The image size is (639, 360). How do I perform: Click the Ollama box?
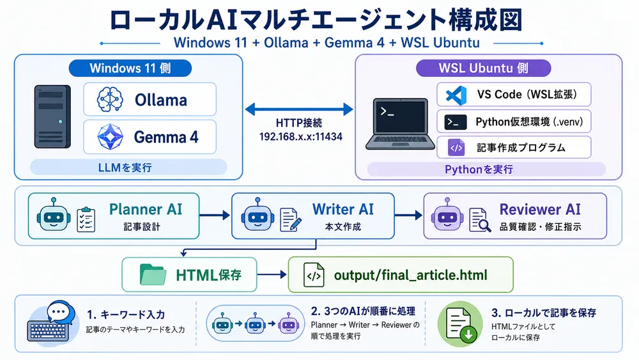(150, 100)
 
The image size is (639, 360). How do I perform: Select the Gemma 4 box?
(150, 136)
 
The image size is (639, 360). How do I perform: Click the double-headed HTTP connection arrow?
(298, 109)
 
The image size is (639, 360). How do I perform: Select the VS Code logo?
(455, 95)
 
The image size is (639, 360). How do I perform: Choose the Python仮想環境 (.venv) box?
(514, 121)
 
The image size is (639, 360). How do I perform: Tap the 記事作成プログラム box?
(514, 148)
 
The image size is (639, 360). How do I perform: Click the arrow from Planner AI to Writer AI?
(215, 216)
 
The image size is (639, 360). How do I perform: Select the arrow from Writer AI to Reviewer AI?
(409, 216)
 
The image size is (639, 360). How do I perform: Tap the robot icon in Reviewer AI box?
(445, 216)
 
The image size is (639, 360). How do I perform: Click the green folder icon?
(154, 275)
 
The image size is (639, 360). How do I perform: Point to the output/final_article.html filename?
(410, 276)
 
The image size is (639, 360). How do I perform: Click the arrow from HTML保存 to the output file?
(273, 276)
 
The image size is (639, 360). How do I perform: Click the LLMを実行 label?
(128, 168)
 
